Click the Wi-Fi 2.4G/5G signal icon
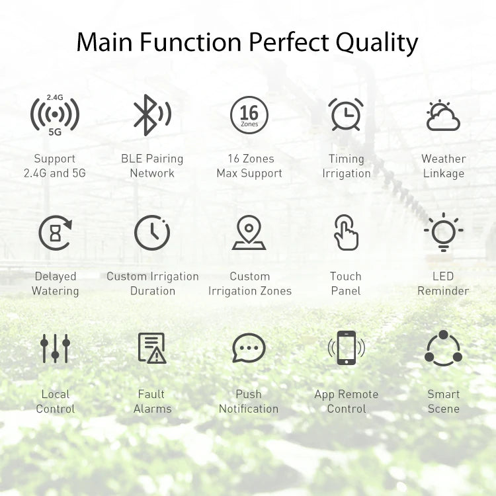tap(55, 114)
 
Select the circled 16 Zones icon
tap(249, 115)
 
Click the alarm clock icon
tap(346, 114)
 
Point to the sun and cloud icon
tap(443, 116)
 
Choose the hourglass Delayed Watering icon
tap(55, 233)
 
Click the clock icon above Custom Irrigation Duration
tap(152, 233)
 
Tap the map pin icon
tap(249, 233)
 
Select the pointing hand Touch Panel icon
tap(346, 233)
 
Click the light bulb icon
tap(443, 233)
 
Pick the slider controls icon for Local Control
tap(55, 348)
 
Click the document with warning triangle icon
tap(152, 348)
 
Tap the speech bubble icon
tap(249, 348)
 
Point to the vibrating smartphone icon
tap(346, 348)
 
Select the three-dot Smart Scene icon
tap(443, 349)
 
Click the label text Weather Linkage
tap(443, 166)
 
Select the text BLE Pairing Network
tap(152, 166)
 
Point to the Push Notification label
tap(249, 401)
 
